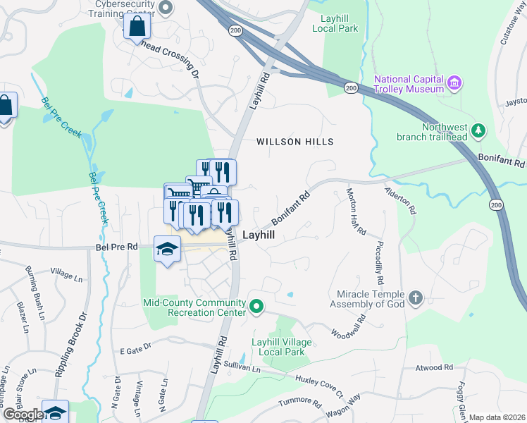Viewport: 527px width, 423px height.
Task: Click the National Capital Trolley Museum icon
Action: (454, 84)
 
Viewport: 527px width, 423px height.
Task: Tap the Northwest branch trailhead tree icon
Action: (478, 130)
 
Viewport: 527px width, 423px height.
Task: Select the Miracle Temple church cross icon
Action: (416, 298)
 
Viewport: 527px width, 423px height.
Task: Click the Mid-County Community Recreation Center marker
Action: (256, 308)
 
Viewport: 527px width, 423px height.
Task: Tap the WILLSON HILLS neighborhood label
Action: (294, 142)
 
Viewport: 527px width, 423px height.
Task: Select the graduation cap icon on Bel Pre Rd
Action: (168, 249)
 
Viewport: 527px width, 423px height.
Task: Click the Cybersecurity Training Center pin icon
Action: (166, 8)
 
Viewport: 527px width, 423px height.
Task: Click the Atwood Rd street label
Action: (433, 367)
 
